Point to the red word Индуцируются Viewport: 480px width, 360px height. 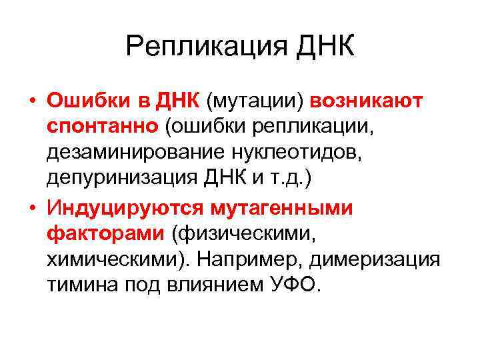(x=125, y=207)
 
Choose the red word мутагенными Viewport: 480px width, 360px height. (x=289, y=207)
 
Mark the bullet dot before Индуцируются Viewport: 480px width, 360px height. (x=32, y=207)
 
